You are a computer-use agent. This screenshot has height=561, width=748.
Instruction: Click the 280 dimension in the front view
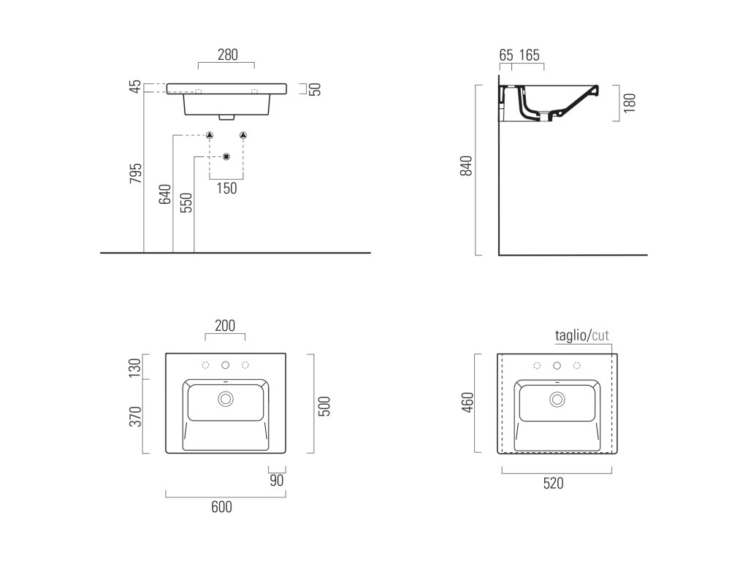[x=227, y=55]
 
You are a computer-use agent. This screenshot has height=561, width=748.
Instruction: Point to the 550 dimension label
[x=186, y=202]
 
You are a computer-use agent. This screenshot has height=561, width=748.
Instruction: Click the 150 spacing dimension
[x=227, y=188]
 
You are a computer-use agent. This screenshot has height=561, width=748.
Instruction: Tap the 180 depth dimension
[x=630, y=102]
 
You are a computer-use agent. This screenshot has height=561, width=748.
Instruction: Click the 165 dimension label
[x=530, y=55]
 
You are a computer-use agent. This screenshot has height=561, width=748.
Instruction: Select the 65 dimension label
[x=506, y=55]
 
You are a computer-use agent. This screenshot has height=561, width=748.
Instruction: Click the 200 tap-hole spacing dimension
[x=225, y=326]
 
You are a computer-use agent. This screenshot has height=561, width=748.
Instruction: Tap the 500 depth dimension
[x=325, y=405]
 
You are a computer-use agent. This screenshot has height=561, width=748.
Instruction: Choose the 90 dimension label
[x=276, y=480]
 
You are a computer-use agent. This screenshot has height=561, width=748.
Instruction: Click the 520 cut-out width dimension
[x=552, y=483]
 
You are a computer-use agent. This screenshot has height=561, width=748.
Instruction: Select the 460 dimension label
[x=468, y=402]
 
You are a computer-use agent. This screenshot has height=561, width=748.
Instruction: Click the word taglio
[x=570, y=336]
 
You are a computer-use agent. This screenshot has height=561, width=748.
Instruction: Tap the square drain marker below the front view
[x=226, y=156]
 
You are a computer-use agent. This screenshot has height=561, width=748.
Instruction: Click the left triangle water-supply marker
[x=210, y=135]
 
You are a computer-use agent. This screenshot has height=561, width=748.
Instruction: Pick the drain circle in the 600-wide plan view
[x=225, y=399]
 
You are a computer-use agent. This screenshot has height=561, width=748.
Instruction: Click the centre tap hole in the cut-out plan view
[x=557, y=365]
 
